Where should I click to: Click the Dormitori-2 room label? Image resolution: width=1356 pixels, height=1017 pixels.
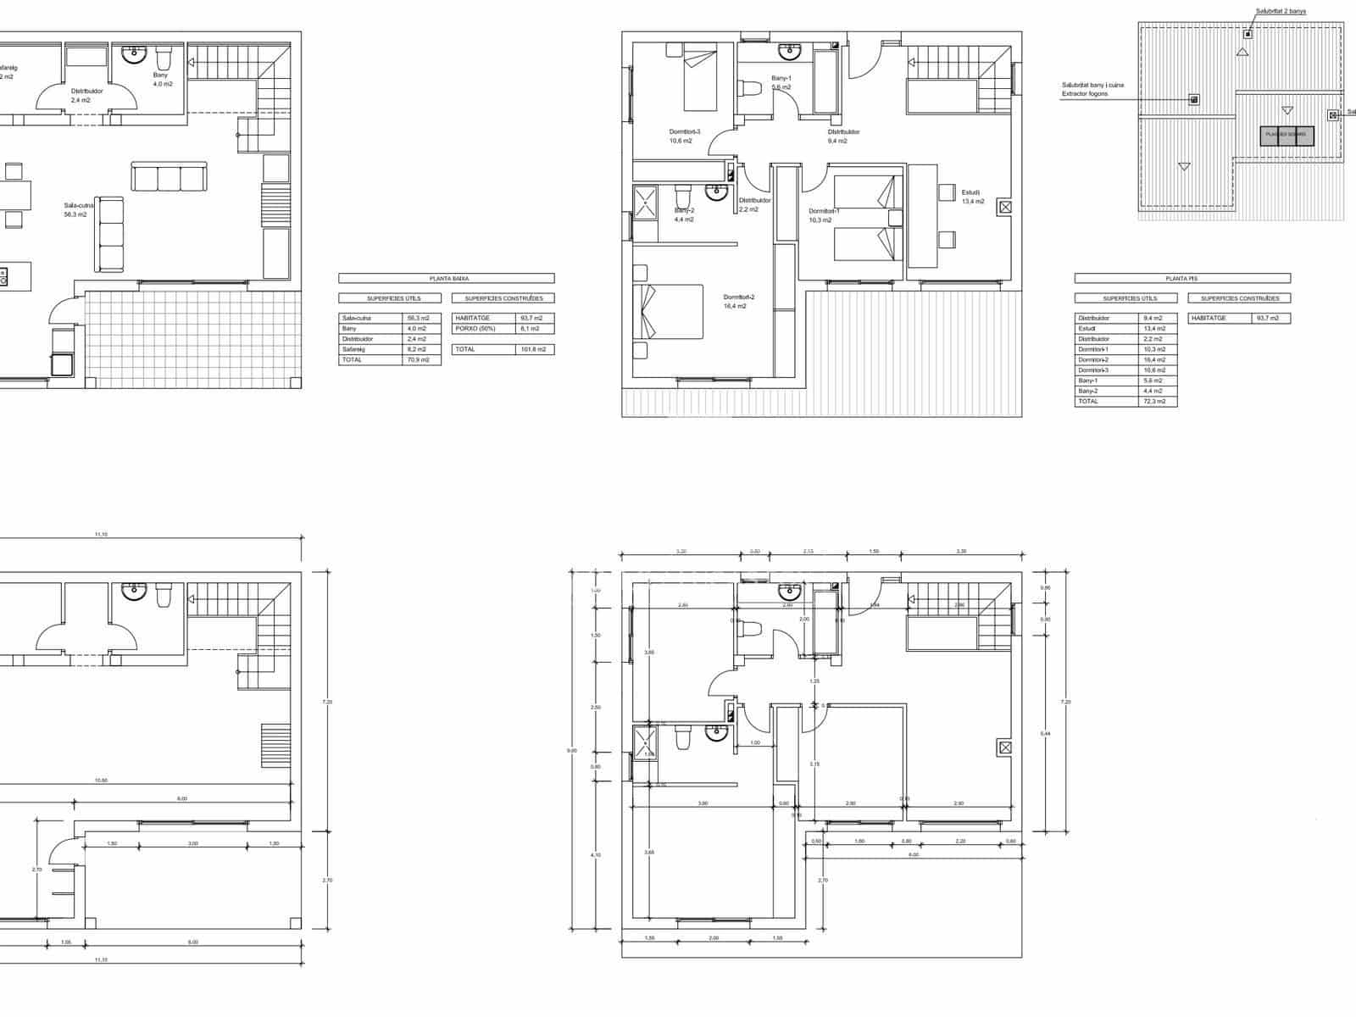pyautogui.click(x=738, y=297)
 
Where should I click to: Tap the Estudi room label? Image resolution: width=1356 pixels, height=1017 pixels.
pyautogui.click(x=971, y=192)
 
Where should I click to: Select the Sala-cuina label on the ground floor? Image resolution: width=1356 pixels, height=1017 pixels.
pyautogui.click(x=79, y=205)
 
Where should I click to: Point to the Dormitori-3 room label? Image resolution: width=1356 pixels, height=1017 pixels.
pyautogui.click(x=685, y=132)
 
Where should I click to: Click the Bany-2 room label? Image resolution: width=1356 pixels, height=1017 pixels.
pyautogui.click(x=684, y=211)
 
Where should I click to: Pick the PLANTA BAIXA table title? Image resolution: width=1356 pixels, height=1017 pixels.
pyautogui.click(x=446, y=278)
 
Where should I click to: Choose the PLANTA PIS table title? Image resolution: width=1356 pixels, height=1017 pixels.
pyautogui.click(x=1181, y=278)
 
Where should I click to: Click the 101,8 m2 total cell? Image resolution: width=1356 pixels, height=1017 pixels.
pyautogui.click(x=535, y=349)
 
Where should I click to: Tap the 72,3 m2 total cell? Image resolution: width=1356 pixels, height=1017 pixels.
pyautogui.click(x=1157, y=401)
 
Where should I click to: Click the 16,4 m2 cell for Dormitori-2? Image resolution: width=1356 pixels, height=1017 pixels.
pyautogui.click(x=1157, y=359)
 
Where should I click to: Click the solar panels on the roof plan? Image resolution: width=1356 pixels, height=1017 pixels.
pyautogui.click(x=1287, y=135)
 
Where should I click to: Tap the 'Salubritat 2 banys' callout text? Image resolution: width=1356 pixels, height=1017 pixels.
pyautogui.click(x=1281, y=11)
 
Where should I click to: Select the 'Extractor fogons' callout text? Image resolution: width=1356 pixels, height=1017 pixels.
pyautogui.click(x=1085, y=94)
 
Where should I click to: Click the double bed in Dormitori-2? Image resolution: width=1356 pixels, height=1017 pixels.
pyautogui.click(x=669, y=311)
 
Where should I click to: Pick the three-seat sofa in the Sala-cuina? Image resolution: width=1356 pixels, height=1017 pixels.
pyautogui.click(x=169, y=177)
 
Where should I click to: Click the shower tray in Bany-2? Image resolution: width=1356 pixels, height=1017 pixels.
pyautogui.click(x=645, y=203)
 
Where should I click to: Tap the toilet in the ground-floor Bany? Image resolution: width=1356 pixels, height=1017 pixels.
pyautogui.click(x=164, y=59)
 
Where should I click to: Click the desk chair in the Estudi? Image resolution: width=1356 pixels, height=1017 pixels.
pyautogui.click(x=946, y=192)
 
